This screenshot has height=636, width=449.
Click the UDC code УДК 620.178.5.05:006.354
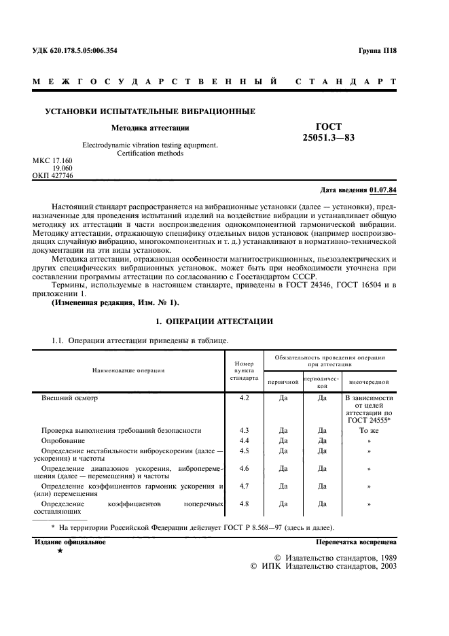(75, 51)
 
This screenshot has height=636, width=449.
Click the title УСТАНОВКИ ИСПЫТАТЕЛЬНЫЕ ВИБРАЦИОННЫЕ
(149, 111)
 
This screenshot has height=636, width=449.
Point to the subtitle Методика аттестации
(150, 127)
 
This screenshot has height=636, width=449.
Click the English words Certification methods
(150, 153)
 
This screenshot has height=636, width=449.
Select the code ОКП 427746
(53, 175)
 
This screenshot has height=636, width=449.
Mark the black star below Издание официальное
(60, 551)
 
